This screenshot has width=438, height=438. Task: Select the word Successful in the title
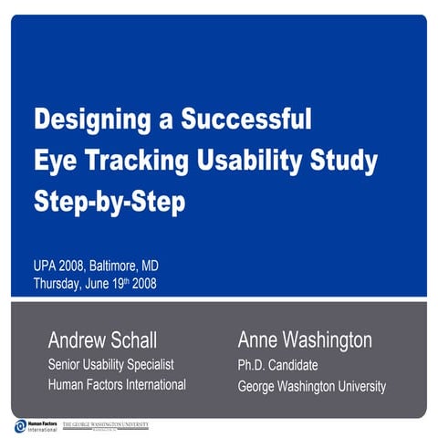247,120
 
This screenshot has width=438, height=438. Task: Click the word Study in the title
348,161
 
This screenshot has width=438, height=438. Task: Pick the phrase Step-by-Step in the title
109,201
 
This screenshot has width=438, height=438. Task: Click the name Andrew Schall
102,341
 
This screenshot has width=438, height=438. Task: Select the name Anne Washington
305,341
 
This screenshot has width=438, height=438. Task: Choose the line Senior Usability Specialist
110,364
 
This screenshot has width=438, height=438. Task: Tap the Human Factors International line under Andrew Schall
117,384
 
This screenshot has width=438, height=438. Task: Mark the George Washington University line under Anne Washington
311,386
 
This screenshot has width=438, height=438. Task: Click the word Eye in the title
51,161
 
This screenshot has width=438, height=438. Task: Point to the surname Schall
134,341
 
